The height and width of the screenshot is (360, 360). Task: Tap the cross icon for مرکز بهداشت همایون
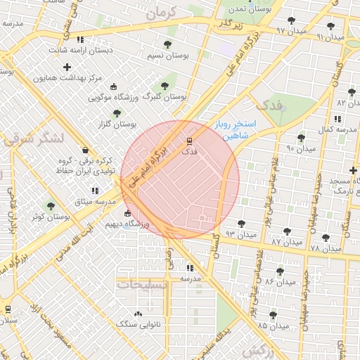click(67, 67)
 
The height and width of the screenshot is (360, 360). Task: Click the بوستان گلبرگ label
click(164, 97)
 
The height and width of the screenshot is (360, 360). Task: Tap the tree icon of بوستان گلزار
click(117, 112)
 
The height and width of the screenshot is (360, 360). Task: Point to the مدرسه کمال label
click(331, 130)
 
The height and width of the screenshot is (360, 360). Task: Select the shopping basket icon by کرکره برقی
click(85, 150)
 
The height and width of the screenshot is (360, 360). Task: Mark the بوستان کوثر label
click(51, 217)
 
